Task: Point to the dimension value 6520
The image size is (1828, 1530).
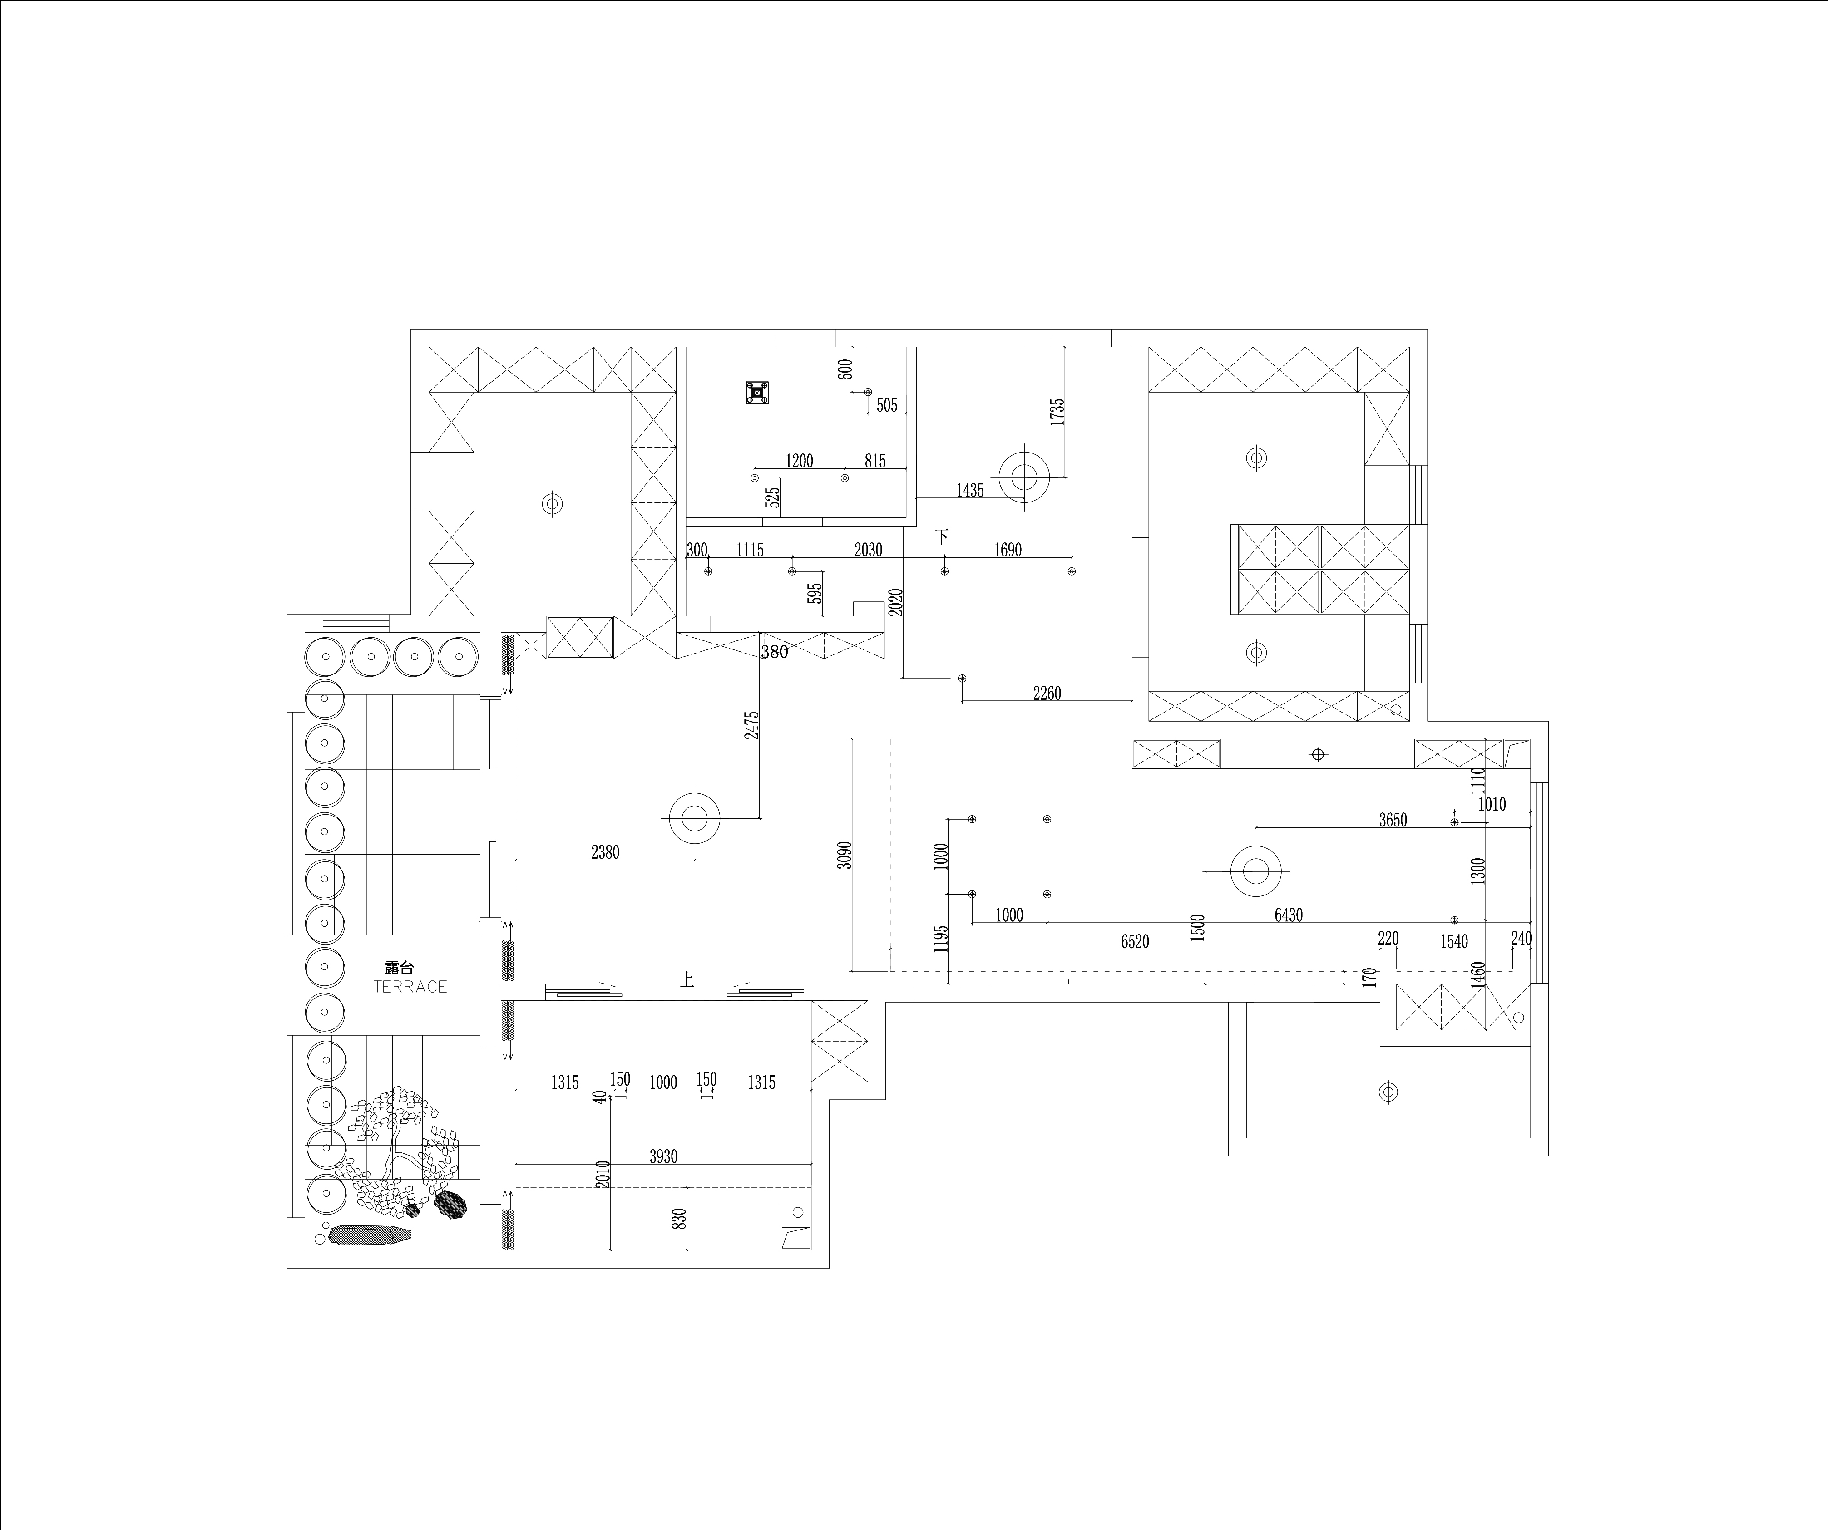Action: pos(1135,942)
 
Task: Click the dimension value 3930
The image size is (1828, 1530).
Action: pos(663,1156)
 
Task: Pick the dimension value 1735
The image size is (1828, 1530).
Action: pos(1057,412)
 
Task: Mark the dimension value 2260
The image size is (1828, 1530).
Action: pos(1047,694)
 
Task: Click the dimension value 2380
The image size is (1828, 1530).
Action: pos(605,853)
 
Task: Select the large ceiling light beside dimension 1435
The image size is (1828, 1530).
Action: pos(1024,477)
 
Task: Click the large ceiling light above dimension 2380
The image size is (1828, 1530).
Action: pos(695,818)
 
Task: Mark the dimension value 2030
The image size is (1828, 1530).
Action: pos(868,550)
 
